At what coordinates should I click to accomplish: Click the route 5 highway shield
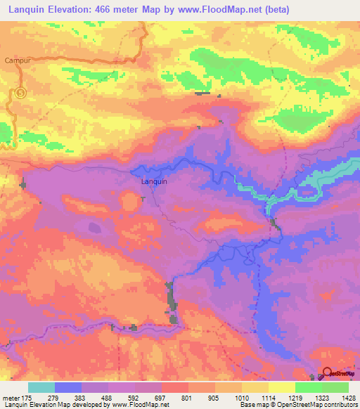(21, 92)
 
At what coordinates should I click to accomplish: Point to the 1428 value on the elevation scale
(341, 398)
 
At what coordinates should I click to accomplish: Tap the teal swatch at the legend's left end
(41, 387)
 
